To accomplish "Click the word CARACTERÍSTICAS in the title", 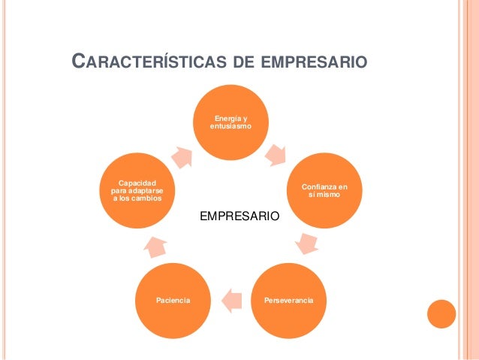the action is (147, 59).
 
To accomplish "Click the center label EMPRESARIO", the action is (239, 216).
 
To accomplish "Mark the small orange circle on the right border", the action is (441, 314).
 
